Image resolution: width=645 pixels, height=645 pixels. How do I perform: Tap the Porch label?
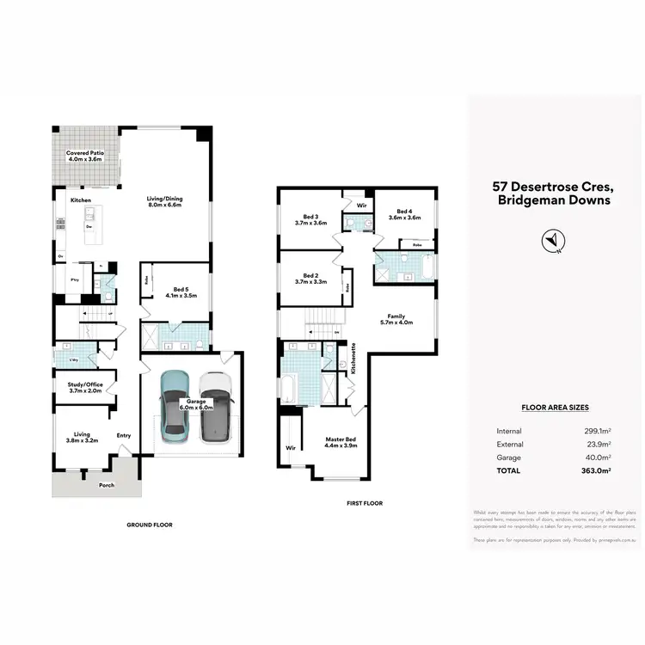point(107,485)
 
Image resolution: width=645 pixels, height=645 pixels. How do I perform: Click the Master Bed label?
point(340,442)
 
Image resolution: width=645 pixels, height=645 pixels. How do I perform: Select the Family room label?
point(396,319)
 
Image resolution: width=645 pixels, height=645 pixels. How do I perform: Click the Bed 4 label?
point(404,214)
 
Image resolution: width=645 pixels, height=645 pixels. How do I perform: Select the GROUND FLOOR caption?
point(150,524)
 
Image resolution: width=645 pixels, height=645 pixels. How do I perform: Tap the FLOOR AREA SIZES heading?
point(555,408)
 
